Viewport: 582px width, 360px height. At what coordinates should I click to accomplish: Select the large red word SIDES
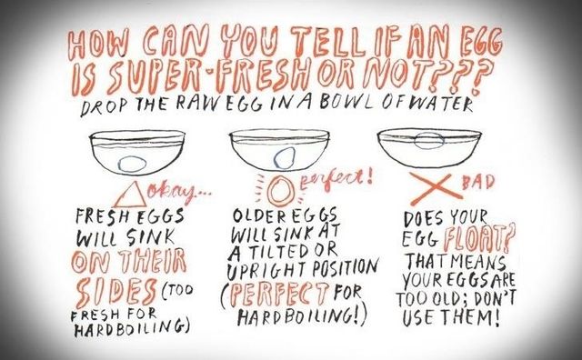point(113,294)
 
